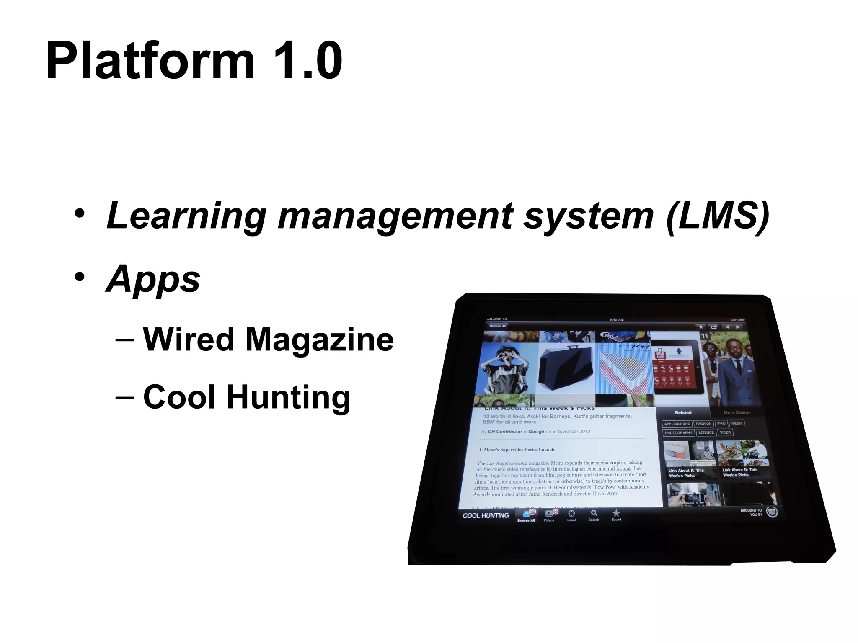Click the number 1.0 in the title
point(308,61)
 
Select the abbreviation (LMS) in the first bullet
point(717,216)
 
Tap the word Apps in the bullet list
point(153,280)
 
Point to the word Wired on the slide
point(189,339)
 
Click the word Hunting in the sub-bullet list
point(288,397)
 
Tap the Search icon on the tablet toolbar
point(594,514)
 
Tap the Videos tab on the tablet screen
point(549,515)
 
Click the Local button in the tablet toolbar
point(571,515)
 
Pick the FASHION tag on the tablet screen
point(703,424)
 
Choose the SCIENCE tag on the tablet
point(706,432)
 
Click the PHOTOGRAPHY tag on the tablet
point(678,432)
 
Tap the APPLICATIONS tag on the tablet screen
point(677,424)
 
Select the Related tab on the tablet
point(683,412)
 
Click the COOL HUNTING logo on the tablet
point(486,516)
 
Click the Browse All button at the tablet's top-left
point(498,326)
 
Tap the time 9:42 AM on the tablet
point(617,319)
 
